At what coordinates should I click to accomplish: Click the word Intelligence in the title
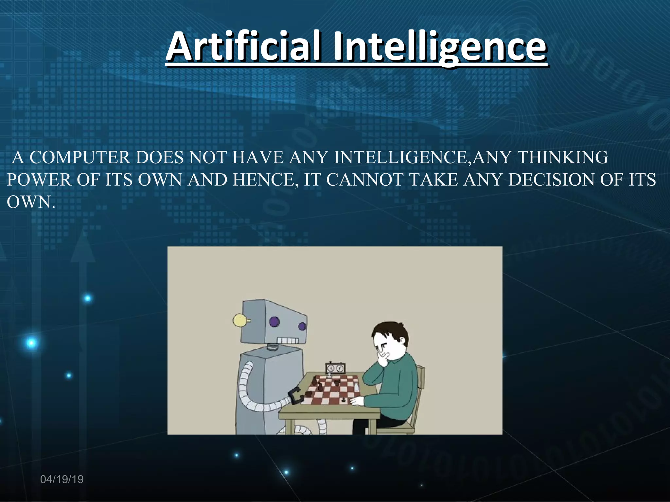(x=439, y=46)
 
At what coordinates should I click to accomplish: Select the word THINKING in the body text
(x=563, y=158)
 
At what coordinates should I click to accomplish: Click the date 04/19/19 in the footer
(x=62, y=479)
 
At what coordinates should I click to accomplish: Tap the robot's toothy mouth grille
(x=288, y=341)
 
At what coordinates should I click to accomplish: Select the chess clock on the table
(x=335, y=368)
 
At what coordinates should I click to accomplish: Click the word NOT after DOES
(x=208, y=158)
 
